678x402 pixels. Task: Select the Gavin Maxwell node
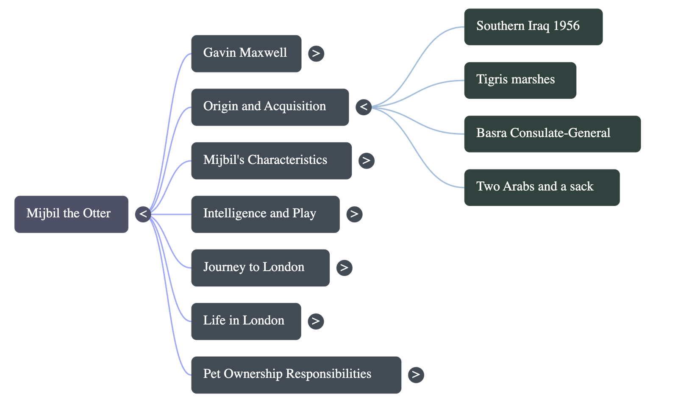(246, 53)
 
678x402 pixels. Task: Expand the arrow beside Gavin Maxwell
(316, 53)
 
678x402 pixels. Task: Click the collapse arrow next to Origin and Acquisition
(363, 107)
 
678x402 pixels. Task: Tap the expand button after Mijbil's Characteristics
(366, 161)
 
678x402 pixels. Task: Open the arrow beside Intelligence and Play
(354, 214)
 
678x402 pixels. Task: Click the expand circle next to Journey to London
(344, 268)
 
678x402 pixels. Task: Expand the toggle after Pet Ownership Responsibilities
(416, 374)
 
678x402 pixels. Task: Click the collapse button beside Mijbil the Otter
(143, 214)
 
